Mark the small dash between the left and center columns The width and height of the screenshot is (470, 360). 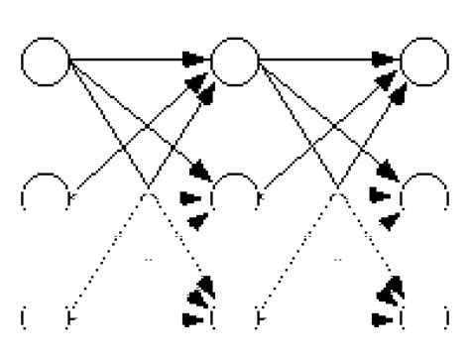147,260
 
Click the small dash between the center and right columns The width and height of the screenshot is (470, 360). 337,260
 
